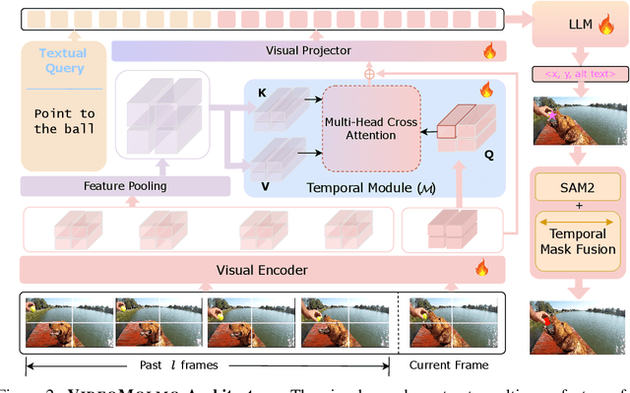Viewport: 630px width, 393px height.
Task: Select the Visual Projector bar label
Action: tap(309, 50)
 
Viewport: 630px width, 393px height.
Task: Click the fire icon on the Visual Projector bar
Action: tap(489, 51)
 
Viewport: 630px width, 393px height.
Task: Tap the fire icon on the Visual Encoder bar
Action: tap(482, 268)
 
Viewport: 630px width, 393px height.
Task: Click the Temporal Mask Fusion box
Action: tap(578, 242)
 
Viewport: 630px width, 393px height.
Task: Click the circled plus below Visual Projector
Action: tap(370, 73)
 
